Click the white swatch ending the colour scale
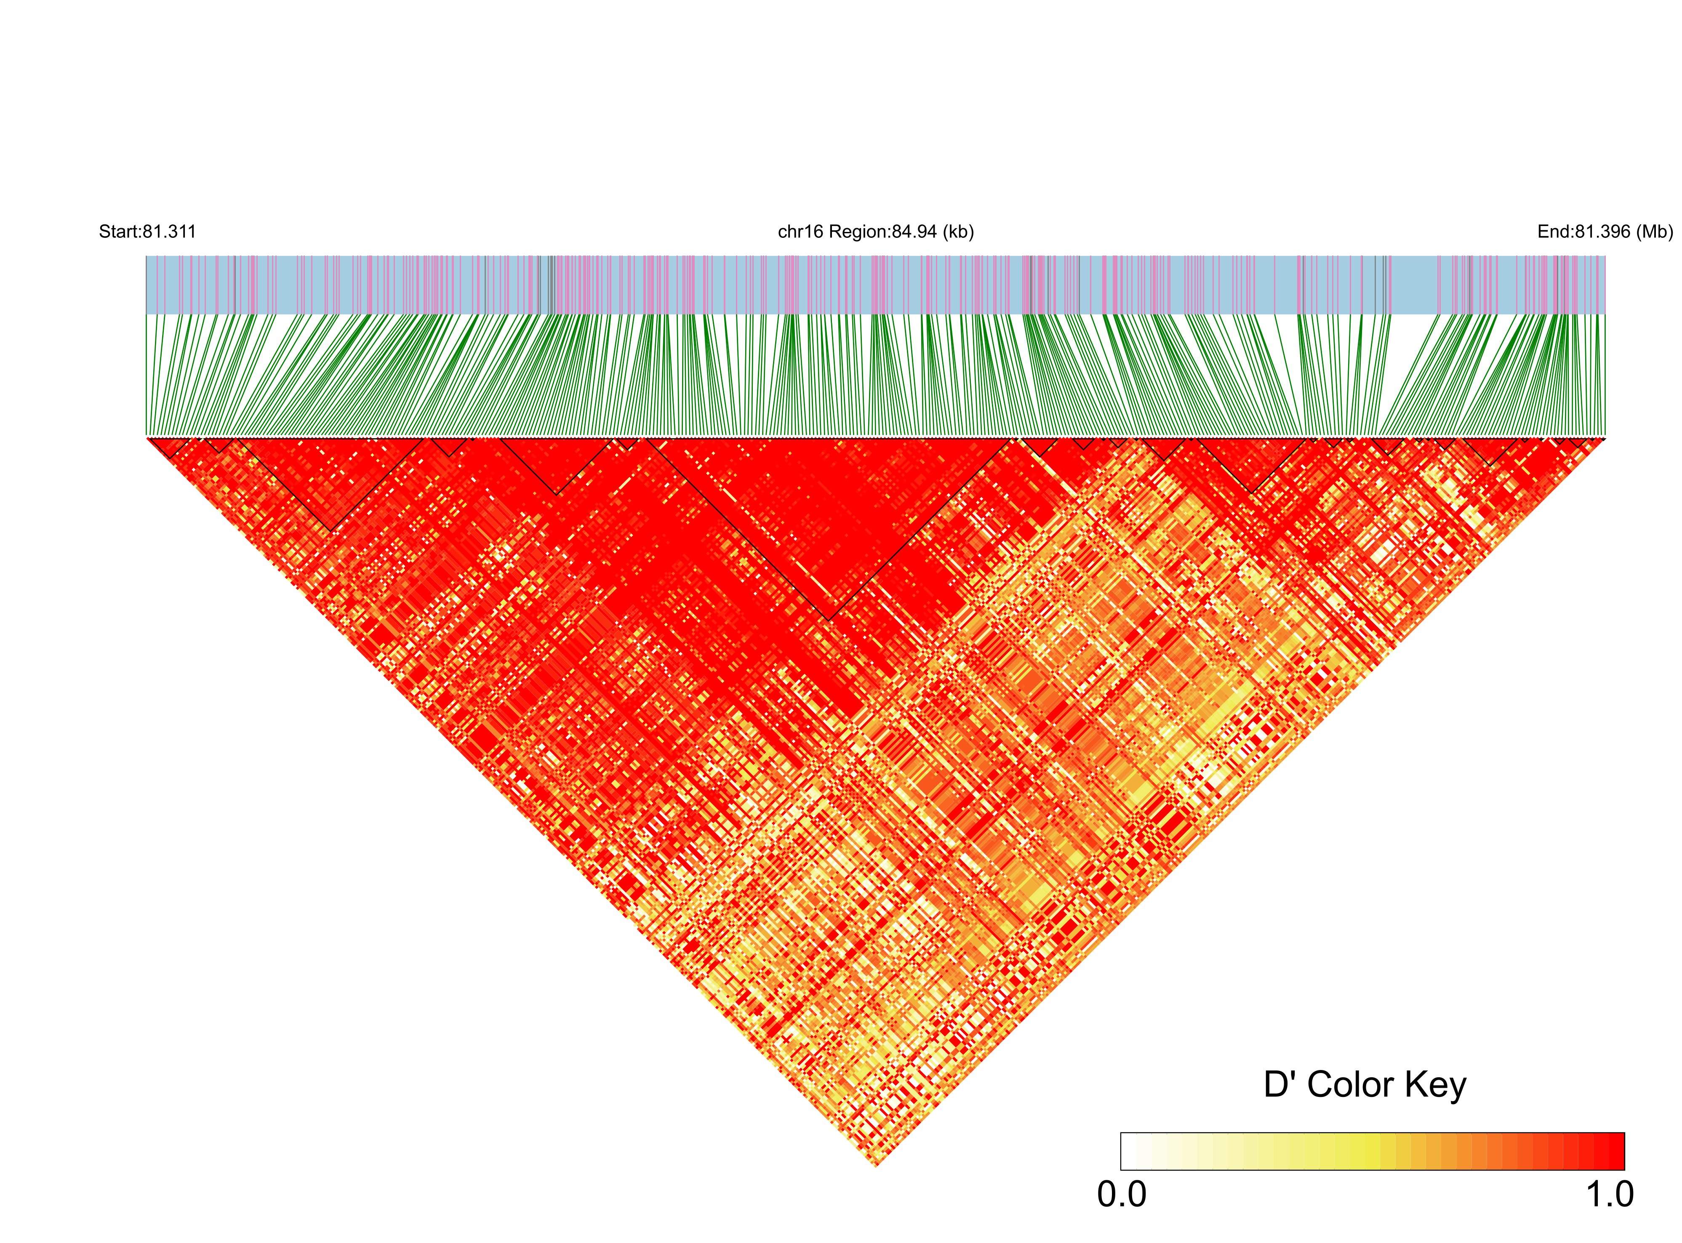[x=1129, y=1151]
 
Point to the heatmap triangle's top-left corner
[x=147, y=438]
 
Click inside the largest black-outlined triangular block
[x=828, y=512]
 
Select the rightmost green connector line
[x=1604, y=376]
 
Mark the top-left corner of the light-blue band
[x=147, y=257]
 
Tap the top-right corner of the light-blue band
[x=1605, y=257]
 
